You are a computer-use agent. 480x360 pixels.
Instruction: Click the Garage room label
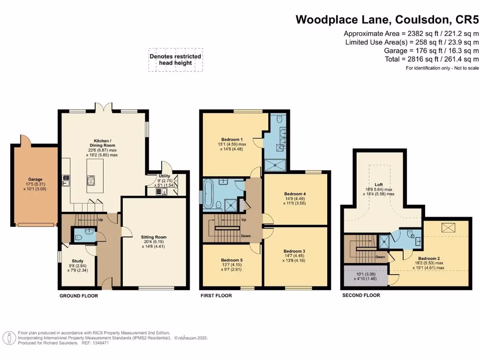tap(35, 179)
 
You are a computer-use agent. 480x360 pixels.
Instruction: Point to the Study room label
tap(77, 261)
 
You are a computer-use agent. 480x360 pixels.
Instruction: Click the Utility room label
tap(165, 176)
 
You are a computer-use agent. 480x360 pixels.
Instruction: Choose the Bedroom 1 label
tap(232, 139)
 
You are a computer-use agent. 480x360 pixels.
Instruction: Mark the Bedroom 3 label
tap(294, 251)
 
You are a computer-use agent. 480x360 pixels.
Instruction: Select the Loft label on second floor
tap(379, 184)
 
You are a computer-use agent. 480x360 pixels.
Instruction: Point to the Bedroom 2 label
tap(428, 258)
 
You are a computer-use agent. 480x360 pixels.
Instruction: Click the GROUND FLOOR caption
tap(79, 296)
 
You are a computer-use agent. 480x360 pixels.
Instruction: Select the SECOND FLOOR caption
tap(361, 295)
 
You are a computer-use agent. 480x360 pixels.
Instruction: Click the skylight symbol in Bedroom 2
tap(449, 228)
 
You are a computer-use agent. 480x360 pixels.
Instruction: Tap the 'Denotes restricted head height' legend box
tap(175, 60)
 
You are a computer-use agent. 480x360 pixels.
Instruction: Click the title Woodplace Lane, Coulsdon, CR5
tap(387, 20)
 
